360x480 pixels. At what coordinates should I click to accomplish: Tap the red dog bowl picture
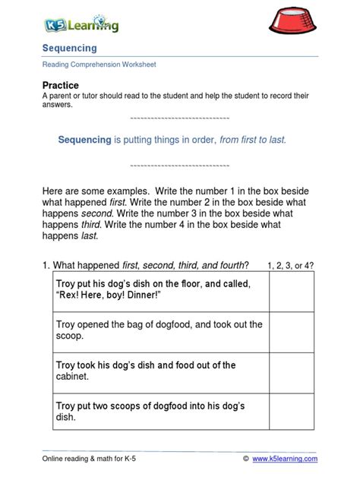(298, 24)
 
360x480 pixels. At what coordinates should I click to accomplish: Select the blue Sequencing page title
(69, 49)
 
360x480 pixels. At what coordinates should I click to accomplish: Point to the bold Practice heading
(61, 85)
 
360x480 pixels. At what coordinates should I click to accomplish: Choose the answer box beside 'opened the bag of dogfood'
(291, 331)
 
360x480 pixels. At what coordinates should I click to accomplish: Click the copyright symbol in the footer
(246, 459)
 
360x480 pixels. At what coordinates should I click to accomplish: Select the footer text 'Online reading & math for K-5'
(95, 459)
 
